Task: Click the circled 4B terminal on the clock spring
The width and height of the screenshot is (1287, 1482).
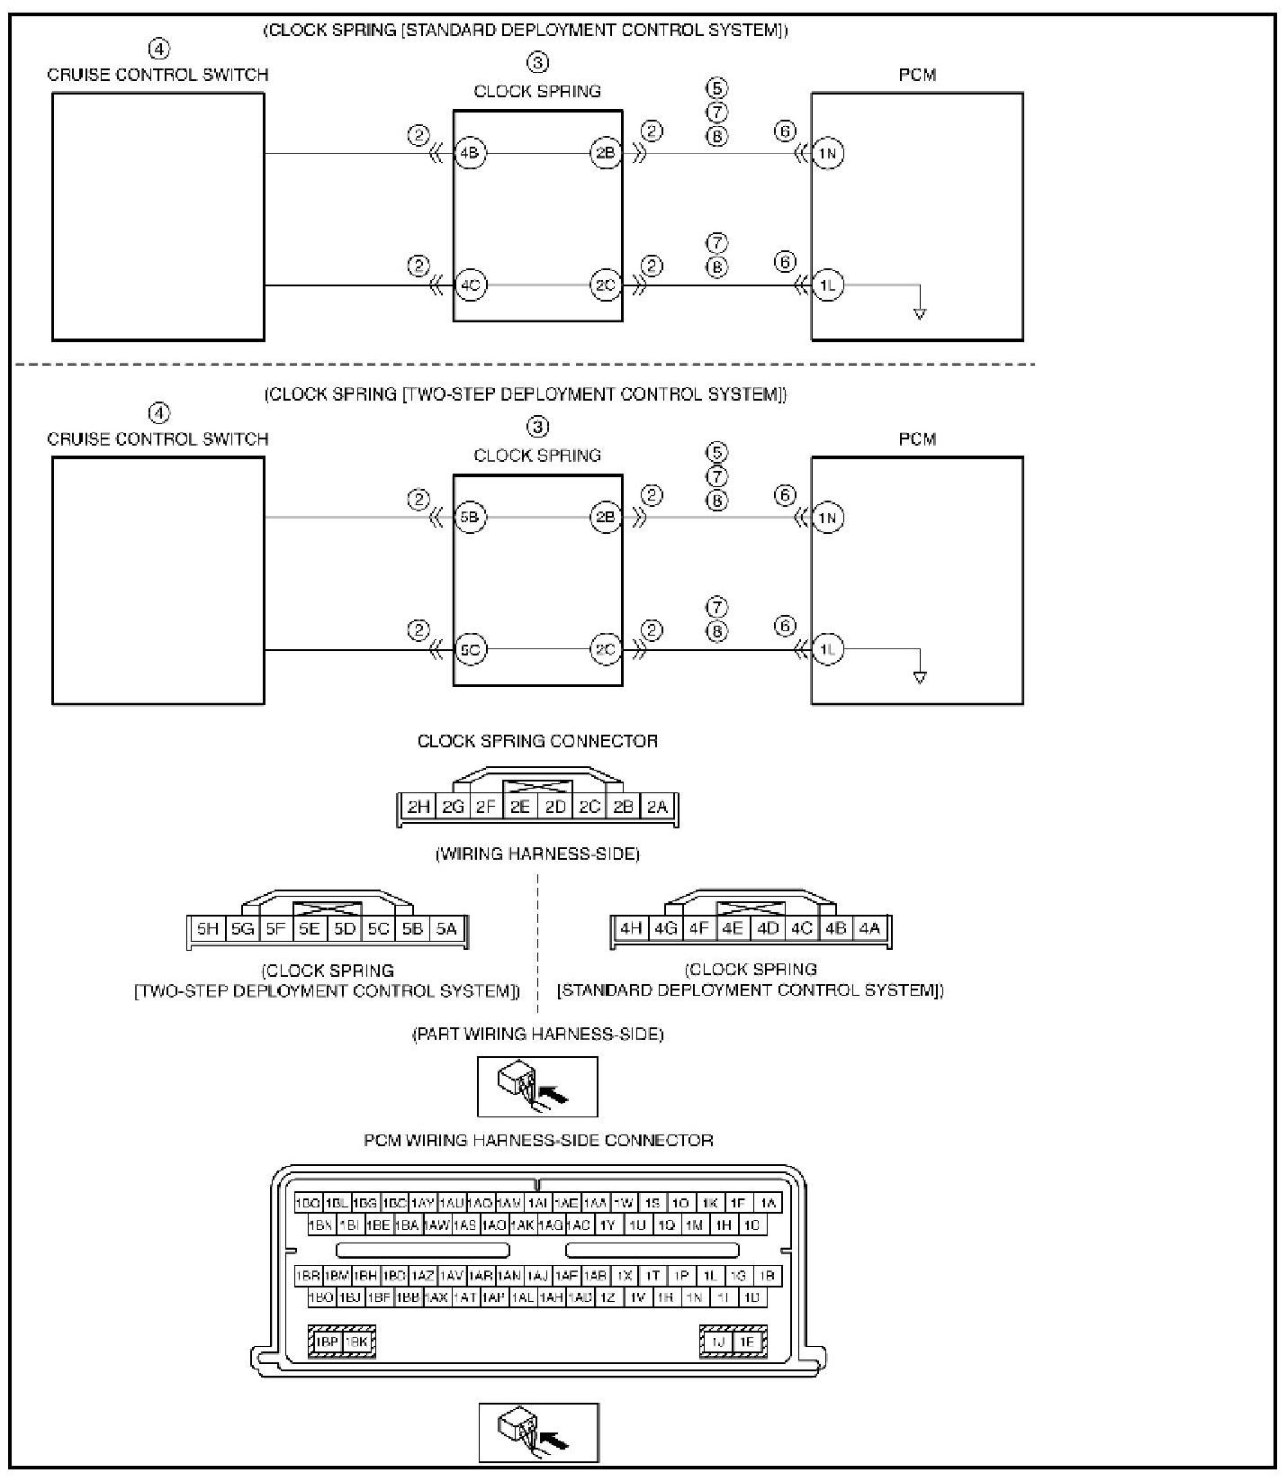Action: click(x=470, y=153)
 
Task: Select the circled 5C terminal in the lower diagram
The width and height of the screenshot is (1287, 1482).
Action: click(x=470, y=649)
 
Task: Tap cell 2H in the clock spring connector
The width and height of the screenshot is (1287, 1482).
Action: click(x=418, y=806)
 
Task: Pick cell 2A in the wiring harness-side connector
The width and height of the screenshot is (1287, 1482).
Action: click(x=658, y=806)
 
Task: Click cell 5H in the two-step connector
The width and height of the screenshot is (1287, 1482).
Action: click(x=208, y=928)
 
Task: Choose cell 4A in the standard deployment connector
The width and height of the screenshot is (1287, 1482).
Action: click(x=868, y=927)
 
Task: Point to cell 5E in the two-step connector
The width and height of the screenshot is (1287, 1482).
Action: click(x=310, y=928)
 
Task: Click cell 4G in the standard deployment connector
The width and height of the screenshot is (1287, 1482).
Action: click(x=665, y=927)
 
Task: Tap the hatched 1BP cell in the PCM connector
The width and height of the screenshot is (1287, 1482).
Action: click(x=327, y=1342)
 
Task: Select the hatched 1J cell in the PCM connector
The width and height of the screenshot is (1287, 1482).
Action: click(x=717, y=1342)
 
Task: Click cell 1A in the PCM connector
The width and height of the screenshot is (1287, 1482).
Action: click(x=767, y=1203)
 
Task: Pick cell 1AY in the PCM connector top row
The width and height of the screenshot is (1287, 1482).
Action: click(x=422, y=1203)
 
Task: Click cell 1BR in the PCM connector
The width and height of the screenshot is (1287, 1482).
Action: click(x=309, y=1275)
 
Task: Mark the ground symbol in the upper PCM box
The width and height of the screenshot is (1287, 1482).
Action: click(x=919, y=313)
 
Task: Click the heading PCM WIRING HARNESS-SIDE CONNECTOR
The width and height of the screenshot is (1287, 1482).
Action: click(x=538, y=1140)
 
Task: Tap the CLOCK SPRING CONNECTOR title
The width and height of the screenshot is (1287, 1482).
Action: click(x=537, y=741)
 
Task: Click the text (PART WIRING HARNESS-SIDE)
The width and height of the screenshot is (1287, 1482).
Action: click(x=537, y=1034)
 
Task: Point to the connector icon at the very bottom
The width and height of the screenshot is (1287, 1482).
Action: click(x=538, y=1432)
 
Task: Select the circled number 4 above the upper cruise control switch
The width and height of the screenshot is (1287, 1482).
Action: click(x=158, y=49)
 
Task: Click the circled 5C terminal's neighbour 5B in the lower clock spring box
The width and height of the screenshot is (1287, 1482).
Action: click(x=470, y=518)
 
